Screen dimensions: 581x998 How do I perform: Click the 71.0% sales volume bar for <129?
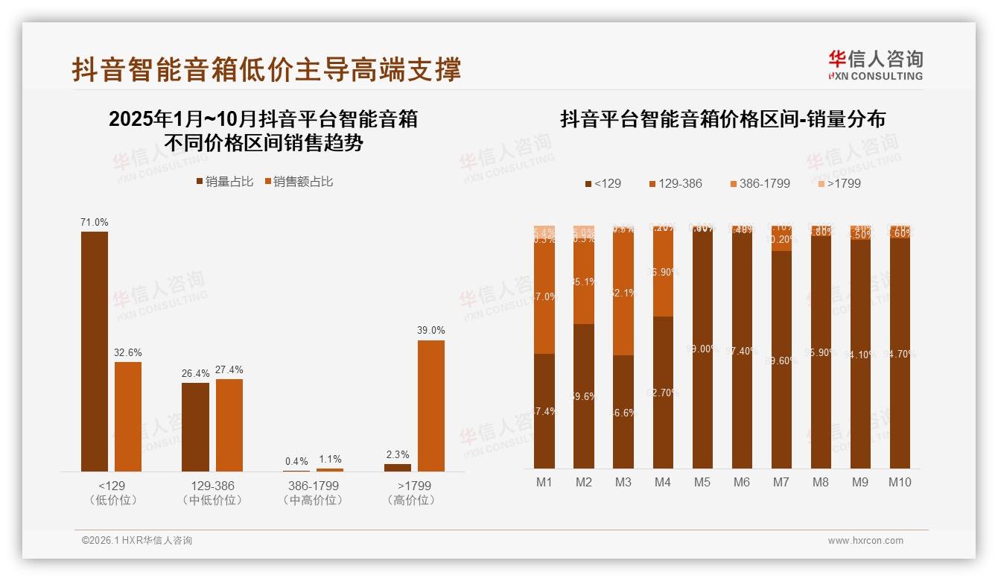pos(95,351)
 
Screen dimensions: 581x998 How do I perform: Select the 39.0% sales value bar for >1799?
pos(430,405)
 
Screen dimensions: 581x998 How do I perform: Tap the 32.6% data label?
pos(127,352)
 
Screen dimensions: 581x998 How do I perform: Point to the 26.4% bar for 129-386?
pos(195,427)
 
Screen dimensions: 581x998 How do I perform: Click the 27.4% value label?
pos(229,369)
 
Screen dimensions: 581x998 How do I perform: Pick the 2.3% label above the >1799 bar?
pos(397,454)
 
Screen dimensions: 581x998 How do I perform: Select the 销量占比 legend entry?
pos(224,181)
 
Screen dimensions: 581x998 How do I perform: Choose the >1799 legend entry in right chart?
pos(838,183)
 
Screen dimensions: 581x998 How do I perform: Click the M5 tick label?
pos(702,482)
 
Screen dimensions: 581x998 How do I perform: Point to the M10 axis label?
pos(900,482)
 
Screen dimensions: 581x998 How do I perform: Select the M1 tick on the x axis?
pos(544,482)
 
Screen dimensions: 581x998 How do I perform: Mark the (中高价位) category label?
pos(314,501)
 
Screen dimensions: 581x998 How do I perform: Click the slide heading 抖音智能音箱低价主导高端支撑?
pos(267,69)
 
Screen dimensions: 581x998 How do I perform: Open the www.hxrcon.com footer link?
pos(865,541)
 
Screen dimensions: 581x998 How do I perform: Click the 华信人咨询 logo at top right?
pos(875,65)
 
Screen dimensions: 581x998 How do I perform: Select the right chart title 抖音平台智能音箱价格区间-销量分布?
pos(722,119)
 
